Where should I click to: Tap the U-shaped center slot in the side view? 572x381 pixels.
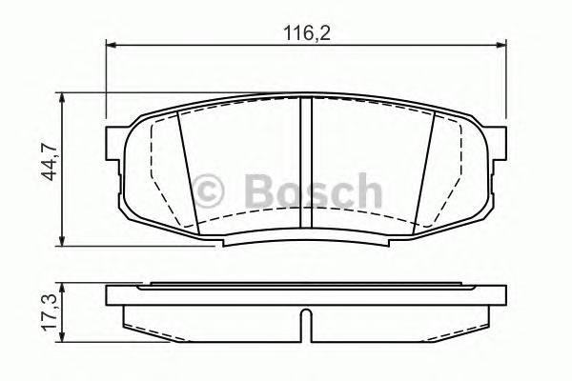click(x=304, y=323)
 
